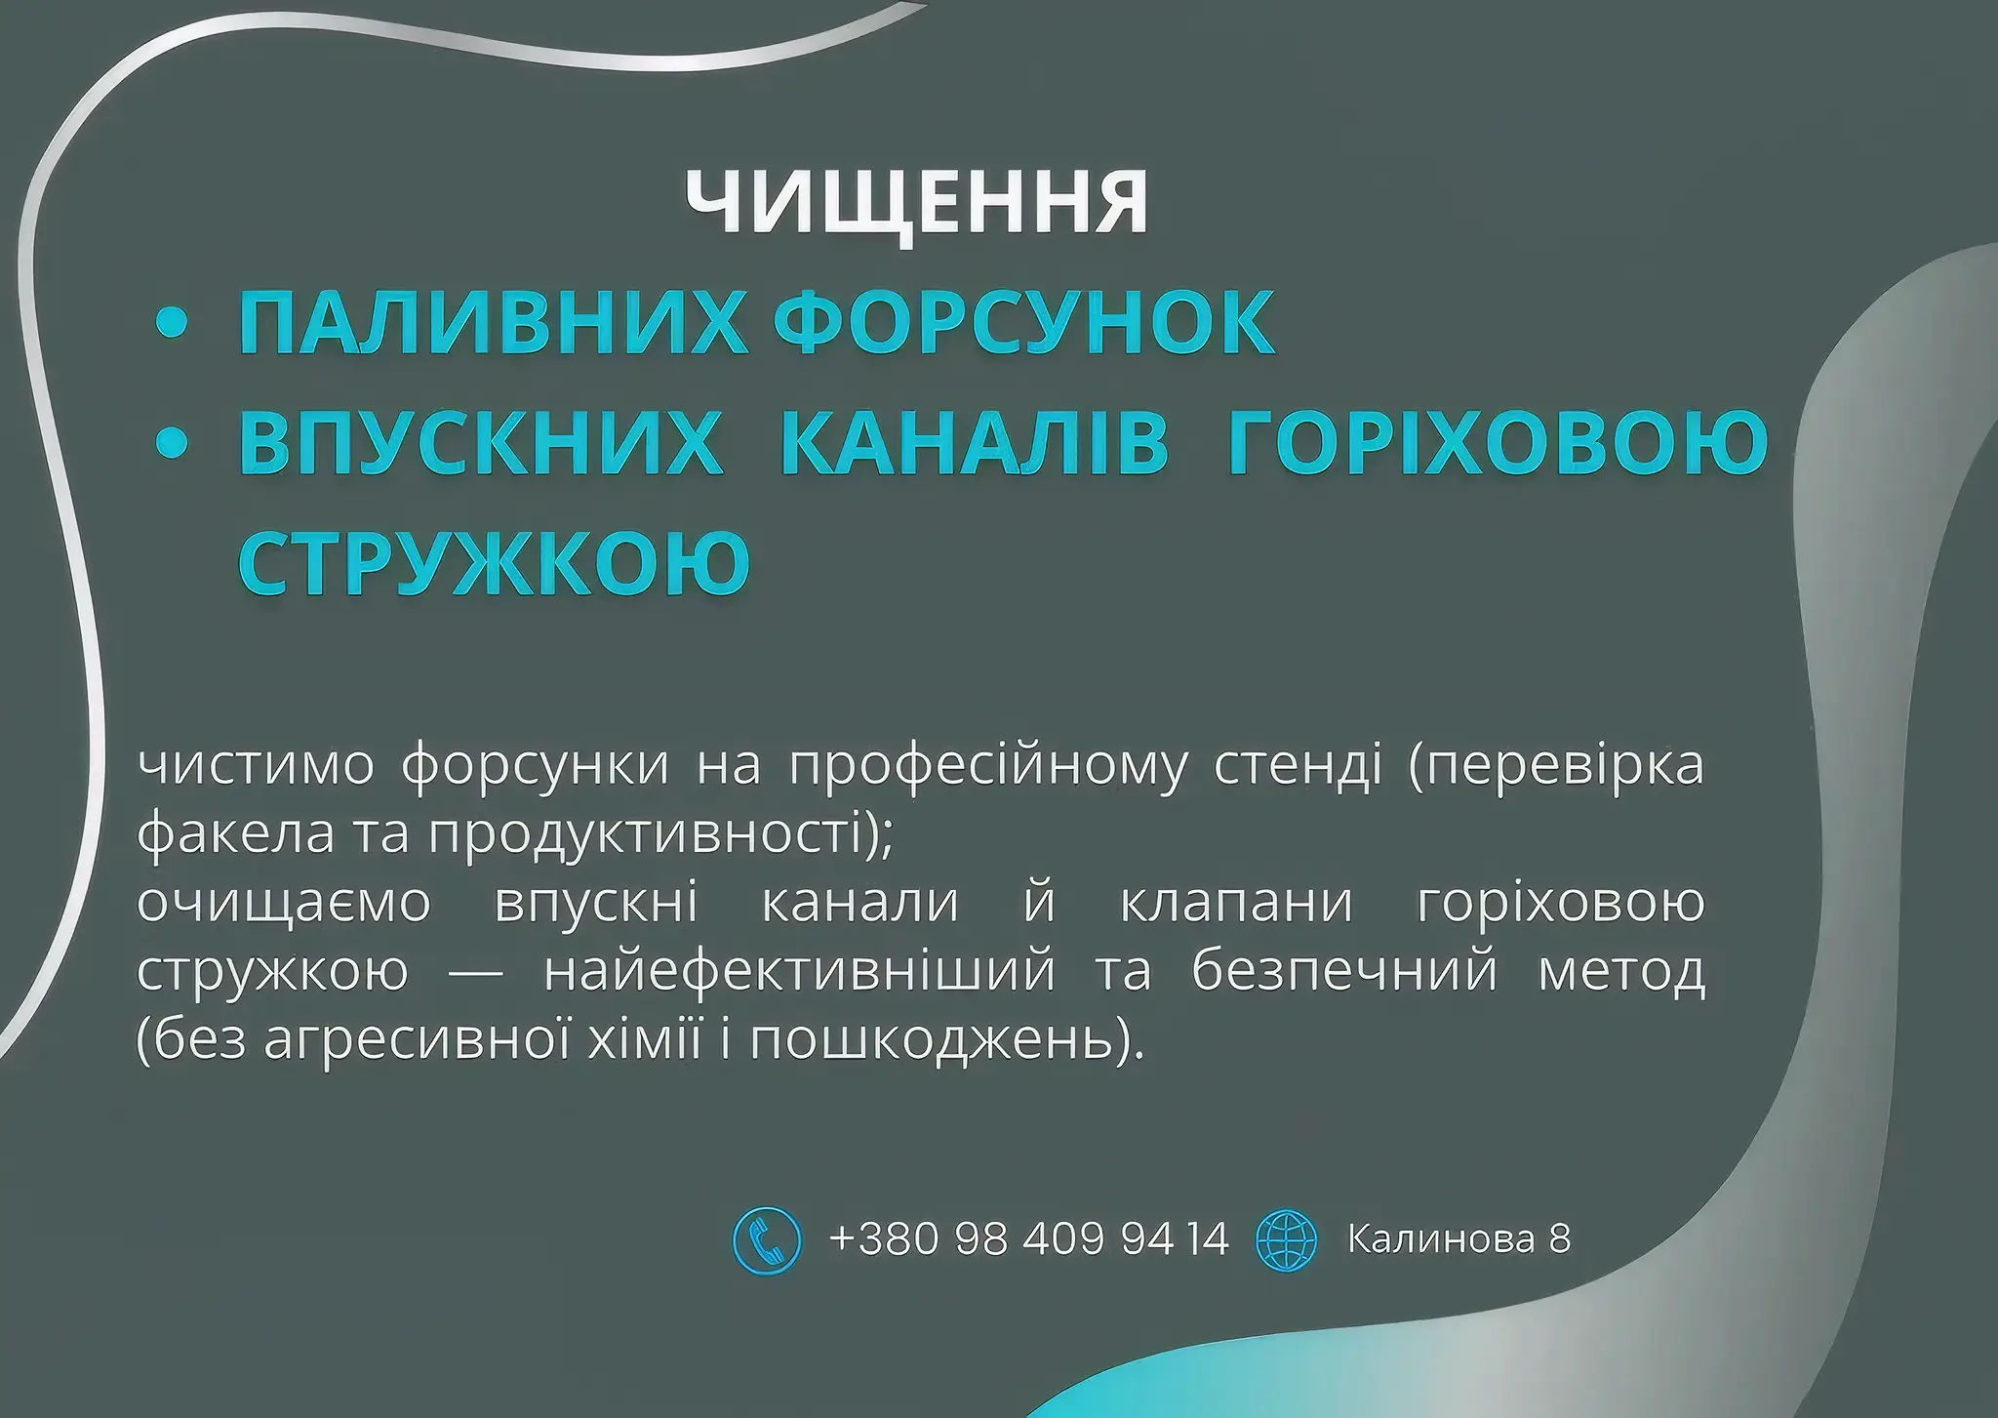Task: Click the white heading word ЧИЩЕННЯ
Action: [917, 204]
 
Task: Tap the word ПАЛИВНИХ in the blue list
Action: [493, 322]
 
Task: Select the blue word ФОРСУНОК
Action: [1024, 322]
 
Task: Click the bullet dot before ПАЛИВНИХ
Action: [172, 325]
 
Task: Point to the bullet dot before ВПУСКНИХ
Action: [172, 444]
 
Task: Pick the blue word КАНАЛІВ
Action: [975, 442]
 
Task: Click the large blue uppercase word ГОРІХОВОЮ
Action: [1498, 442]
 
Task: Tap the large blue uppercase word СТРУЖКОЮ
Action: [495, 562]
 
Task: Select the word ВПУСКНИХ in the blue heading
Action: [481, 442]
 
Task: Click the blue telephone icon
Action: [767, 1240]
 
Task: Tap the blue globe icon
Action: [1287, 1240]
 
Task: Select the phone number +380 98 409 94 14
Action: [1029, 1239]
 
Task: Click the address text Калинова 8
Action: [1459, 1239]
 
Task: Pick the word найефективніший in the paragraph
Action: [800, 972]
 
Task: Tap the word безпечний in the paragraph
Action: [1344, 972]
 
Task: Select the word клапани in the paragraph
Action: [1236, 904]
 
